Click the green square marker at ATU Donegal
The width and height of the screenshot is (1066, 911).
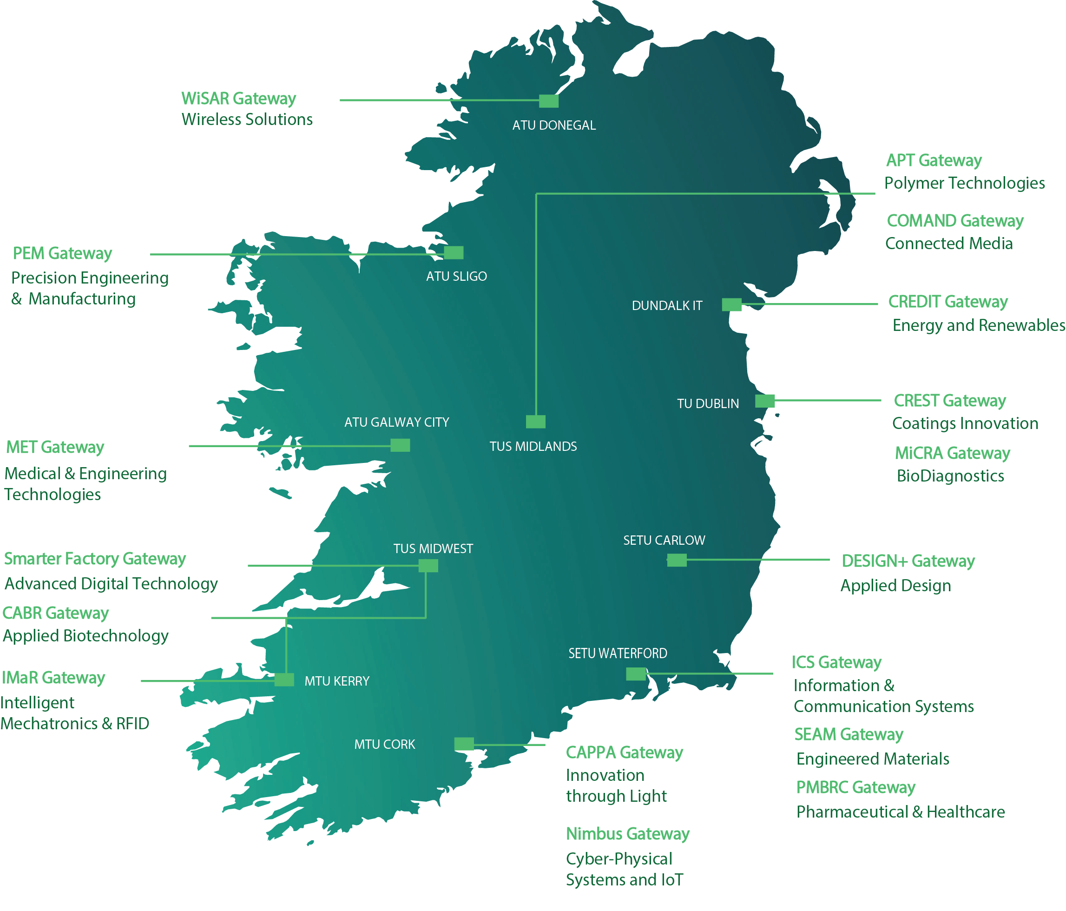click(x=548, y=101)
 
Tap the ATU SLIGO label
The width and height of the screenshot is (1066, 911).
click(x=456, y=277)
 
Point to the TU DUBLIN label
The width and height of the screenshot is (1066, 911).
click(x=707, y=403)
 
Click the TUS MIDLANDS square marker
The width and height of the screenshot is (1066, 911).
click(x=536, y=422)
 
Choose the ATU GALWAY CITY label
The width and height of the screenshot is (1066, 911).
click(x=397, y=422)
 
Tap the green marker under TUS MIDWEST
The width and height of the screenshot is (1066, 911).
click(x=428, y=566)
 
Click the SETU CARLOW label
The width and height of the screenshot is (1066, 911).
click(x=664, y=540)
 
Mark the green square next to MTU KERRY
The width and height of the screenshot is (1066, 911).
click(x=284, y=680)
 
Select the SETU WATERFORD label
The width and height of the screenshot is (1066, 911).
click(x=618, y=653)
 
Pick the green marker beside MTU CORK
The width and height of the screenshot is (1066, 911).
click(x=464, y=744)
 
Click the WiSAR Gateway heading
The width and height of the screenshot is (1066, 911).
click(x=238, y=99)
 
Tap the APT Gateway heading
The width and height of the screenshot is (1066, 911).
click(x=933, y=160)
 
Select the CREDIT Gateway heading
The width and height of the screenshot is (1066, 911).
click(x=948, y=302)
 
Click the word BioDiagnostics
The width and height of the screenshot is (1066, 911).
click(x=950, y=475)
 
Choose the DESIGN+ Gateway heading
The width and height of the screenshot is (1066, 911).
click(x=908, y=561)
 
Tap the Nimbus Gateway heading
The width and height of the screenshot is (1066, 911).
click(x=627, y=833)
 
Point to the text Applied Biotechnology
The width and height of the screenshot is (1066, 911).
click(x=86, y=636)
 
